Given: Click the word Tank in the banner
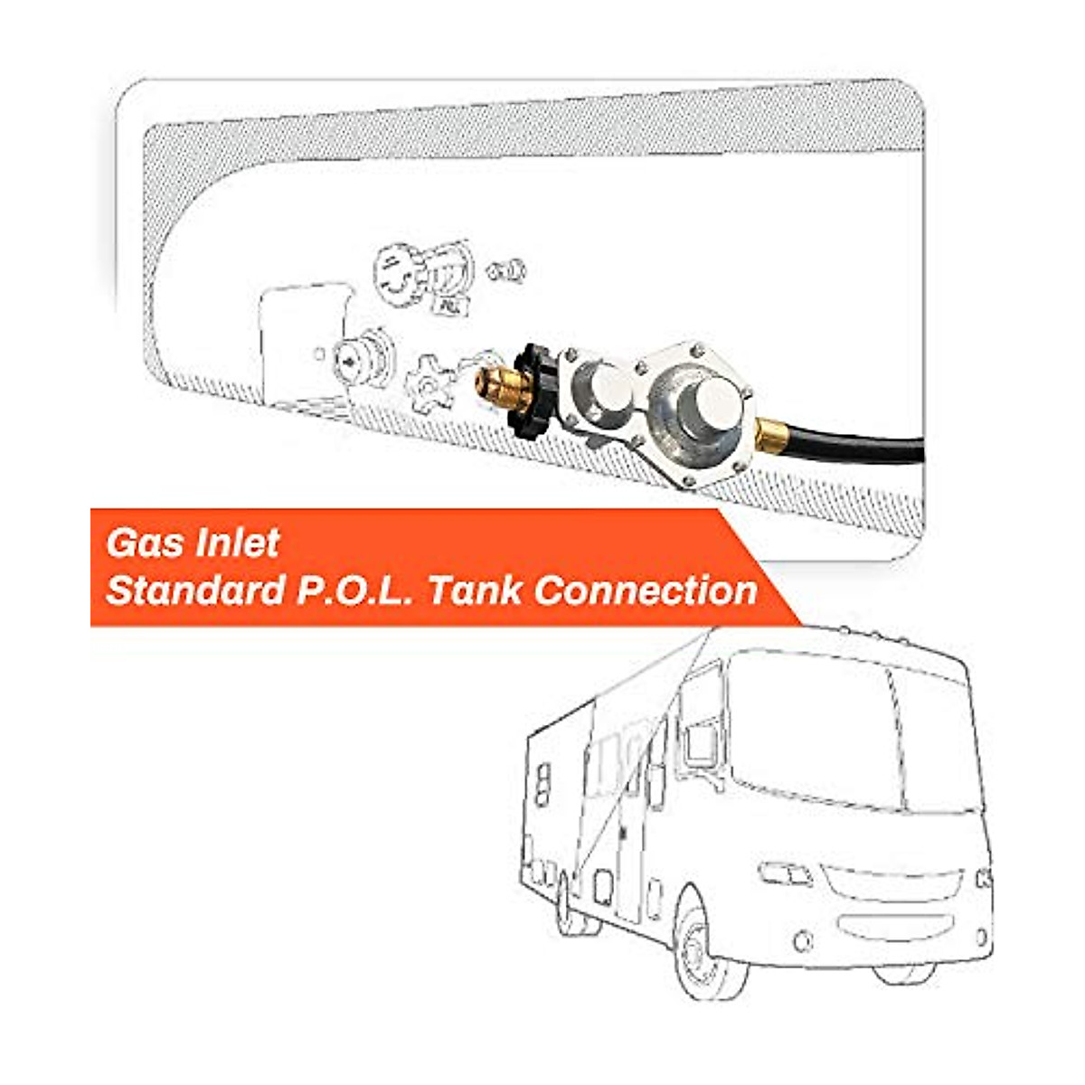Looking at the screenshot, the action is pos(475,590).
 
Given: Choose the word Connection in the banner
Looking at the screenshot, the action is pos(645,590).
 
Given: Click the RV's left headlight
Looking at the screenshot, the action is pos(785,874).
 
